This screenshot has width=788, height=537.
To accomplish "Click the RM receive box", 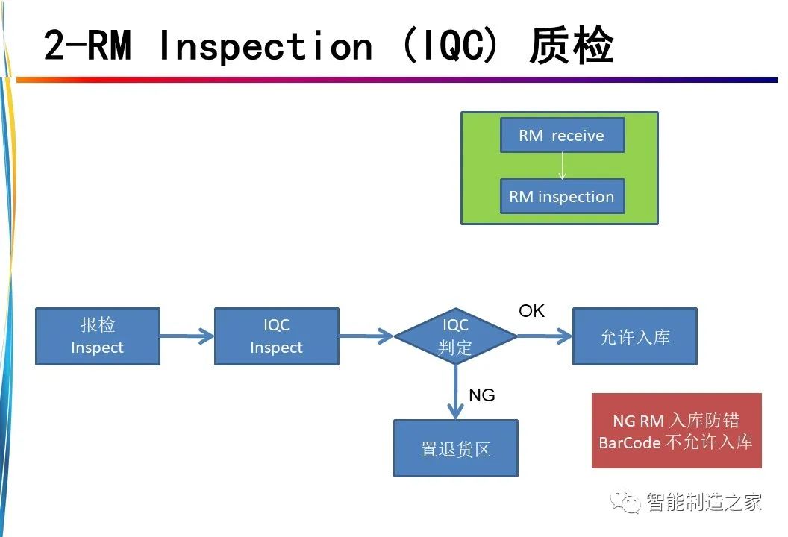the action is [563, 135].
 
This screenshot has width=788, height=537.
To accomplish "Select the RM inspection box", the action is [563, 196].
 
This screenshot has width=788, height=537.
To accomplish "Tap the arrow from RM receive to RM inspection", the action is [563, 166].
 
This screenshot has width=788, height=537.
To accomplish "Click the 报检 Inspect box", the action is [98, 336].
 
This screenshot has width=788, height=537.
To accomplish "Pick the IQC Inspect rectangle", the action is [276, 336].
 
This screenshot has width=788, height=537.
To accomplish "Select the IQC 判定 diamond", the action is [455, 336].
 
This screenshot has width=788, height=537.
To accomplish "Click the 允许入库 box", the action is [635, 336].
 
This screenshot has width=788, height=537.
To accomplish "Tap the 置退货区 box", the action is [455, 448].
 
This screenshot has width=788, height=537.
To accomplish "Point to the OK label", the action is [532, 311].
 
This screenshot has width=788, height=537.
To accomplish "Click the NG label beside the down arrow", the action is [481, 395].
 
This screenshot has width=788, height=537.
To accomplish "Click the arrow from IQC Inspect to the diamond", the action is [366, 336].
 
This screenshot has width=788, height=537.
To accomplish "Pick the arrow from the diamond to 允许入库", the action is [545, 336].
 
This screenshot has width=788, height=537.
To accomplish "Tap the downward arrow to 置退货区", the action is [455, 392].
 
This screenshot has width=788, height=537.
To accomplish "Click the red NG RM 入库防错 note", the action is [676, 430].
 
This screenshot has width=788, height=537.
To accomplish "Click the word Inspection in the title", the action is [266, 47].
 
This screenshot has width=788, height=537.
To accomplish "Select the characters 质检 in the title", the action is [572, 45].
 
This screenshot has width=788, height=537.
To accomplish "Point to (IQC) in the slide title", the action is [450, 45].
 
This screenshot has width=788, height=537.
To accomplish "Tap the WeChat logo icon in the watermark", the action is [625, 501].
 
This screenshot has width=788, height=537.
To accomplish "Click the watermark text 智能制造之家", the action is [704, 502].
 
